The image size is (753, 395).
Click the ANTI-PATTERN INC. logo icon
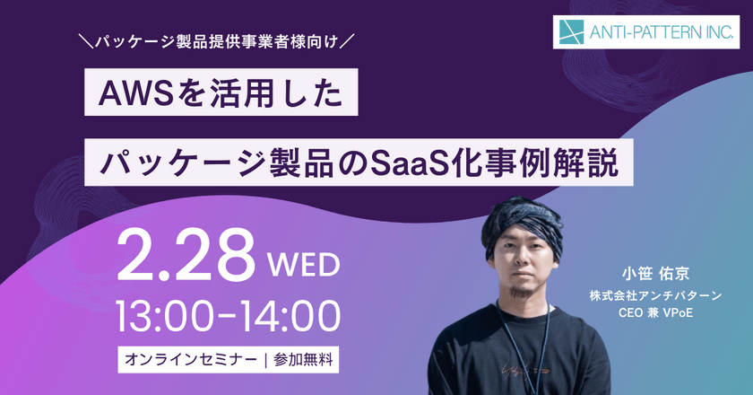point(570,34)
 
